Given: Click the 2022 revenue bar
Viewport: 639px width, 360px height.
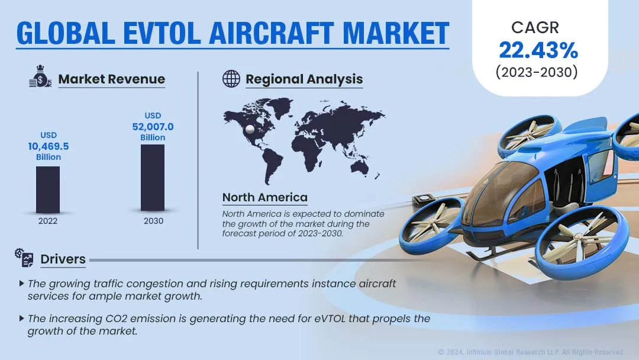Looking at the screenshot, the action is click(x=48, y=189).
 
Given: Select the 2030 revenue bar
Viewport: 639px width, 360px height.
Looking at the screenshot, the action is click(x=153, y=178).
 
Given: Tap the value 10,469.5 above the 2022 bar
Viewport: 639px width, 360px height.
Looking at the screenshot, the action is click(x=49, y=146).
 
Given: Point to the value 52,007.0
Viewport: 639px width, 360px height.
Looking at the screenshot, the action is click(x=153, y=127).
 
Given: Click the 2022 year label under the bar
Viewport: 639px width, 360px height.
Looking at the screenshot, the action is click(x=48, y=221).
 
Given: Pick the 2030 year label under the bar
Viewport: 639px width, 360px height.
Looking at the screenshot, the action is click(x=153, y=221).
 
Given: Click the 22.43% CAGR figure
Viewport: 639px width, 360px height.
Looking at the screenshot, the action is click(x=538, y=50).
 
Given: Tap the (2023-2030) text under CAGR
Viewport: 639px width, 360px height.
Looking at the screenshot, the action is click(x=537, y=72).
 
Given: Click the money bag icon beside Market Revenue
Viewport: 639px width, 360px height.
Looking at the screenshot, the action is click(x=40, y=76).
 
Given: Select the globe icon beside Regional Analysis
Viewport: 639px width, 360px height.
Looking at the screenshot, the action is click(x=231, y=79).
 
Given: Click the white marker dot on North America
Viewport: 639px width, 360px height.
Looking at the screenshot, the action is click(x=250, y=129).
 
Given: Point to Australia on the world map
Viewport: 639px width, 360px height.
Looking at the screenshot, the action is click(x=360, y=166).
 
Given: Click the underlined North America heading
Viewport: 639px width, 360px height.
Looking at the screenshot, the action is click(x=265, y=197).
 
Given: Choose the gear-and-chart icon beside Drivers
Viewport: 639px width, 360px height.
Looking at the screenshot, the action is click(x=24, y=258).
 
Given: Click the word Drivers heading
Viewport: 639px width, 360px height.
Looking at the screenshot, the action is click(x=63, y=259).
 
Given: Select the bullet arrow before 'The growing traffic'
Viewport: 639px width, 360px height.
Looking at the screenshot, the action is click(x=22, y=284).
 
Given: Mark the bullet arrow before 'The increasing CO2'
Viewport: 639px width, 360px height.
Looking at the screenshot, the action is click(x=22, y=319).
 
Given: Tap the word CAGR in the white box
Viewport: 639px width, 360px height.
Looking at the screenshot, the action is click(x=535, y=28).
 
